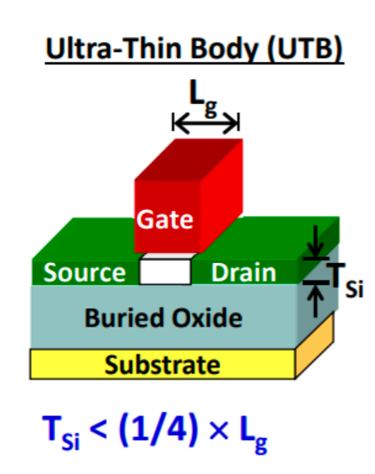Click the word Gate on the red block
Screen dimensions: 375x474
pyautogui.click(x=165, y=219)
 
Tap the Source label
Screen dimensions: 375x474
pyautogui.click(x=85, y=273)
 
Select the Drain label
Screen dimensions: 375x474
pyautogui.click(x=244, y=273)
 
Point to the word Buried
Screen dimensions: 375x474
pyautogui.click(x=124, y=318)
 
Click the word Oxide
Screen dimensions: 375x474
pyautogui.click(x=207, y=318)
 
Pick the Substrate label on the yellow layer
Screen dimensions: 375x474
pyautogui.click(x=162, y=365)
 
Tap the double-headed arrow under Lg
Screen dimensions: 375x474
pyautogui.click(x=205, y=123)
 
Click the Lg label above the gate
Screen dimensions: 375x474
pyautogui.click(x=203, y=99)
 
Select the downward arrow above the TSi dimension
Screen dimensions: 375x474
pyautogui.click(x=315, y=241)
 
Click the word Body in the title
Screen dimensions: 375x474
pyautogui.click(x=225, y=48)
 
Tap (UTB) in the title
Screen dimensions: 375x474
pyautogui.click(x=305, y=48)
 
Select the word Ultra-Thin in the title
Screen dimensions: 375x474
pyautogui.click(x=113, y=48)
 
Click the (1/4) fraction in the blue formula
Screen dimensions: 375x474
pyautogui.click(x=159, y=430)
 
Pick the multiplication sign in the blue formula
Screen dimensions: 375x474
pyautogui.click(x=218, y=431)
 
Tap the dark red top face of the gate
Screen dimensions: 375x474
pyautogui.click(x=189, y=160)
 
